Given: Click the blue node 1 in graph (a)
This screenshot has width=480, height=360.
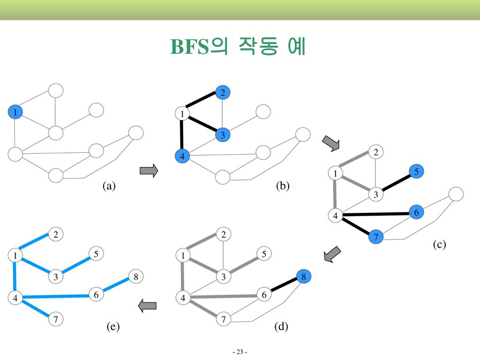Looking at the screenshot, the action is click(15, 112).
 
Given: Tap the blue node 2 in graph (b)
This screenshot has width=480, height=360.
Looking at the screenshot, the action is click(223, 93).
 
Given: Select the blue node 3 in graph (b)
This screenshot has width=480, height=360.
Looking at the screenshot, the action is click(223, 135).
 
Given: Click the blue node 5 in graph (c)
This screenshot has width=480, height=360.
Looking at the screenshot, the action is click(416, 172).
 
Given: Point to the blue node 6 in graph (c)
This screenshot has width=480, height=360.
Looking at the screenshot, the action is click(416, 213).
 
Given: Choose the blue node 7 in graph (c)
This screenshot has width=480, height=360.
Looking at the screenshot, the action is click(375, 238).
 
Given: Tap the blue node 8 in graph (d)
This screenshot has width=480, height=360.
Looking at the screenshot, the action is click(304, 277).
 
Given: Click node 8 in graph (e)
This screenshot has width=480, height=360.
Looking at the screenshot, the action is click(135, 277).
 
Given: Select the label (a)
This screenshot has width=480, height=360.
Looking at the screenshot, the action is click(109, 186).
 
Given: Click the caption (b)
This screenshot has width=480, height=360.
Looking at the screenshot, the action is click(283, 186).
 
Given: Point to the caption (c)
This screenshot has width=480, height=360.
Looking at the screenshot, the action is click(439, 244).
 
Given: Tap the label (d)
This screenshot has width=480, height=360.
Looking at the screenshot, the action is click(281, 327).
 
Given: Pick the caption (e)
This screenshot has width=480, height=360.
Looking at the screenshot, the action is click(112, 327).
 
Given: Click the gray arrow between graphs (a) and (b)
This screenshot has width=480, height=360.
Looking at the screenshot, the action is click(149, 170).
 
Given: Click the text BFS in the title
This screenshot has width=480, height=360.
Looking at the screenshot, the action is click(189, 47).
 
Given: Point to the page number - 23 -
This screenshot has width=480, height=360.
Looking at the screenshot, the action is click(240, 352).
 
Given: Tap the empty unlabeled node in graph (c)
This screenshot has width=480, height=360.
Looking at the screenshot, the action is click(456, 194).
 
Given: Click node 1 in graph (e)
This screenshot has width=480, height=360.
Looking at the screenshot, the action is click(15, 256).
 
